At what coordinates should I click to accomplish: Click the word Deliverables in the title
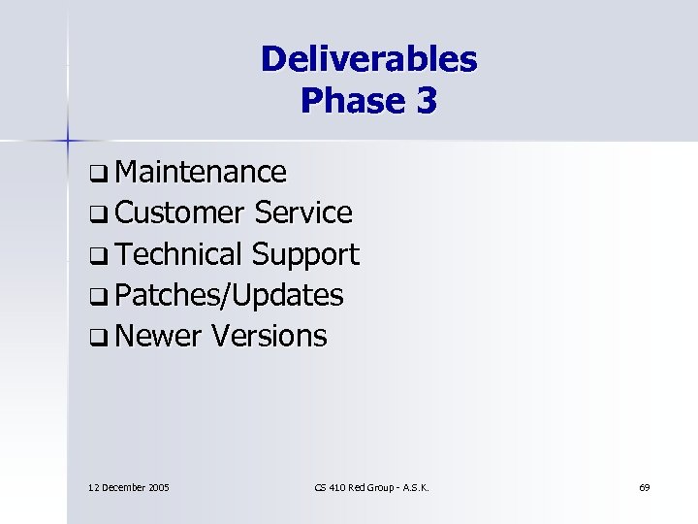pos(368,59)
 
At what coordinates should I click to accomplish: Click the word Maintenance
pos(200,172)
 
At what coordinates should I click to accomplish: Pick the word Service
pos(302,213)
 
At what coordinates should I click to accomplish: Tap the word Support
pos(304,254)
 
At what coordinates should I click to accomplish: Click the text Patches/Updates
pos(229,295)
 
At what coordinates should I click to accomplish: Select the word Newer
pos(158,336)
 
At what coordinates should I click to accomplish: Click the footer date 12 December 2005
pos(129,486)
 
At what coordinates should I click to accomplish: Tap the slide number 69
pos(645,486)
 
